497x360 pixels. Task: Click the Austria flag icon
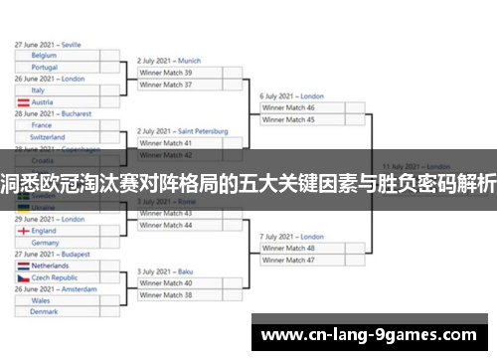point(23,102)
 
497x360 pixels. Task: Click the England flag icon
point(23,231)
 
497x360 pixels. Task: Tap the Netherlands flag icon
point(23,266)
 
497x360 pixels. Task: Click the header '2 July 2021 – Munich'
point(169,61)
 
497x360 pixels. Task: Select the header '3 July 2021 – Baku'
point(164,271)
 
